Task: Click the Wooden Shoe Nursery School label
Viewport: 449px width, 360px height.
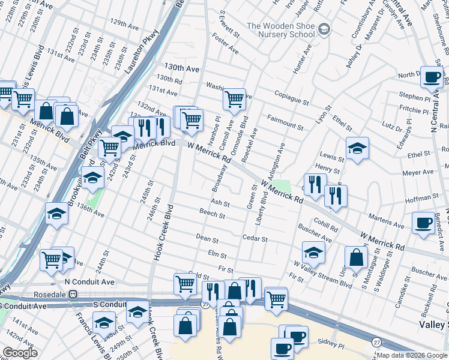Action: [x=280, y=30]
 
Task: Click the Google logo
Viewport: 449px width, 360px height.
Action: [x=20, y=353]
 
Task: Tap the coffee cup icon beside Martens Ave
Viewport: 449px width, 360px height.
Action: [x=423, y=223]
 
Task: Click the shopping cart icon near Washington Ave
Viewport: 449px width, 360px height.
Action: [x=234, y=99]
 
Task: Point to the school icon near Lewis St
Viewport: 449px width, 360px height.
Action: [x=357, y=148]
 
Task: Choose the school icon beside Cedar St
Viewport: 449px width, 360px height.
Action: [x=313, y=253]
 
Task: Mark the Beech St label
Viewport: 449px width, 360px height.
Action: [x=212, y=215]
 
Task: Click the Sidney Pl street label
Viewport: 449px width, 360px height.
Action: [x=333, y=347]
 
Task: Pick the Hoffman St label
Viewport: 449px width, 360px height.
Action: [x=423, y=197]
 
